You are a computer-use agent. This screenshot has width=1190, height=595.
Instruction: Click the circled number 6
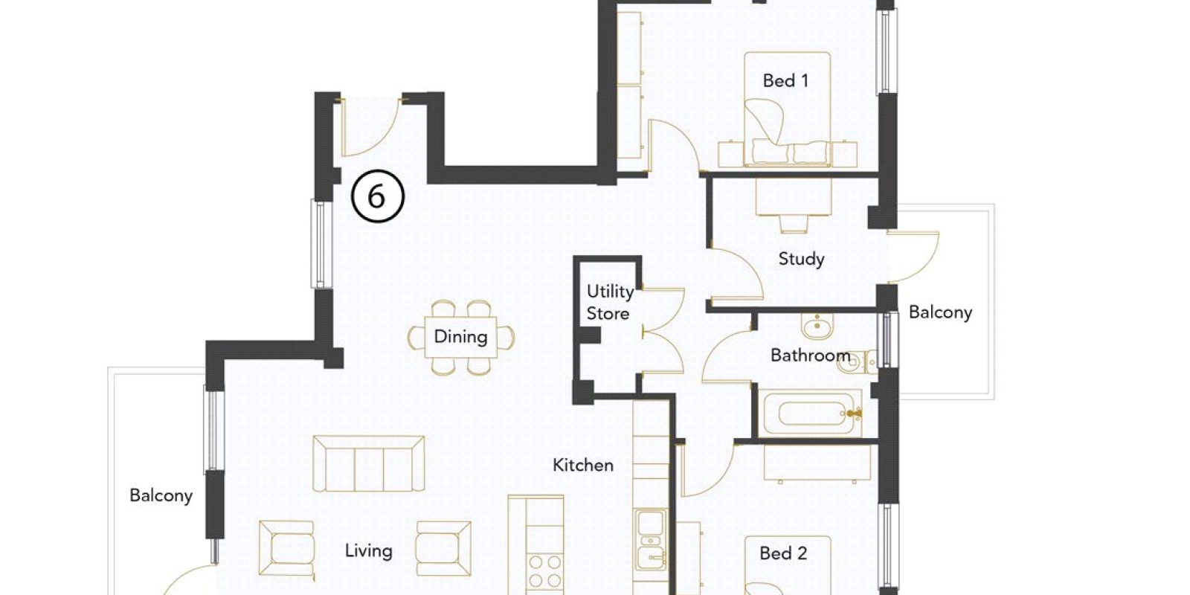click(378, 196)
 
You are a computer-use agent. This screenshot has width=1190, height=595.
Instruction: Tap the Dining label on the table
click(460, 337)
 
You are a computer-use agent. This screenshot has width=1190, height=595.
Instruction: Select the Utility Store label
click(609, 302)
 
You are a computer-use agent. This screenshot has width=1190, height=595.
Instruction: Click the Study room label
click(801, 260)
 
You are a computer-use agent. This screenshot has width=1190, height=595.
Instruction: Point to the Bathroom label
click(811, 355)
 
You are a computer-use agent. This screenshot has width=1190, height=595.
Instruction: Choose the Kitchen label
click(583, 466)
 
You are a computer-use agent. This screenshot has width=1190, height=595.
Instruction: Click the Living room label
click(369, 551)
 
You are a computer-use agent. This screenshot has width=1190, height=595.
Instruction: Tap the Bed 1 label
click(785, 81)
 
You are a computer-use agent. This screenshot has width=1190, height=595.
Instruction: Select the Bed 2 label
click(784, 553)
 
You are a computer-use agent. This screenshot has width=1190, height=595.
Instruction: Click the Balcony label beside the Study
click(940, 312)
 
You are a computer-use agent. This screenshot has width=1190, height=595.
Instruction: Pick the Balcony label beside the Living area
click(161, 495)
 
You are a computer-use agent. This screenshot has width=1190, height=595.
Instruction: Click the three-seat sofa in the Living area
click(369, 464)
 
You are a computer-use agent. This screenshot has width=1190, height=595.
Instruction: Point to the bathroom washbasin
click(817, 326)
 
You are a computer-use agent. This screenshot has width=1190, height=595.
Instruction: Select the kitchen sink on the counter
click(651, 540)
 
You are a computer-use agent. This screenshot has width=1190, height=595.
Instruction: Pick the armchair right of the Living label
click(443, 549)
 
